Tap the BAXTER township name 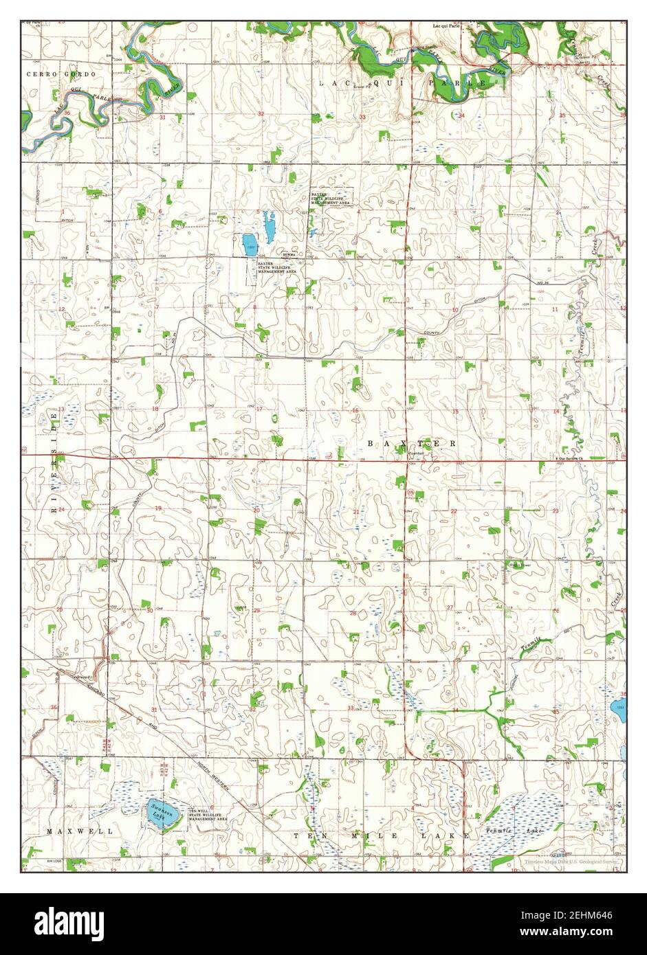coord(411,444)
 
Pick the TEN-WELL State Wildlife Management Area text coord(208,815)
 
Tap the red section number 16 coord(355,411)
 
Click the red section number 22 coord(454,512)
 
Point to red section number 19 coord(157,508)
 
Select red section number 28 coord(353,613)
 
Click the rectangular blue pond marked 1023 coord(248,241)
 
